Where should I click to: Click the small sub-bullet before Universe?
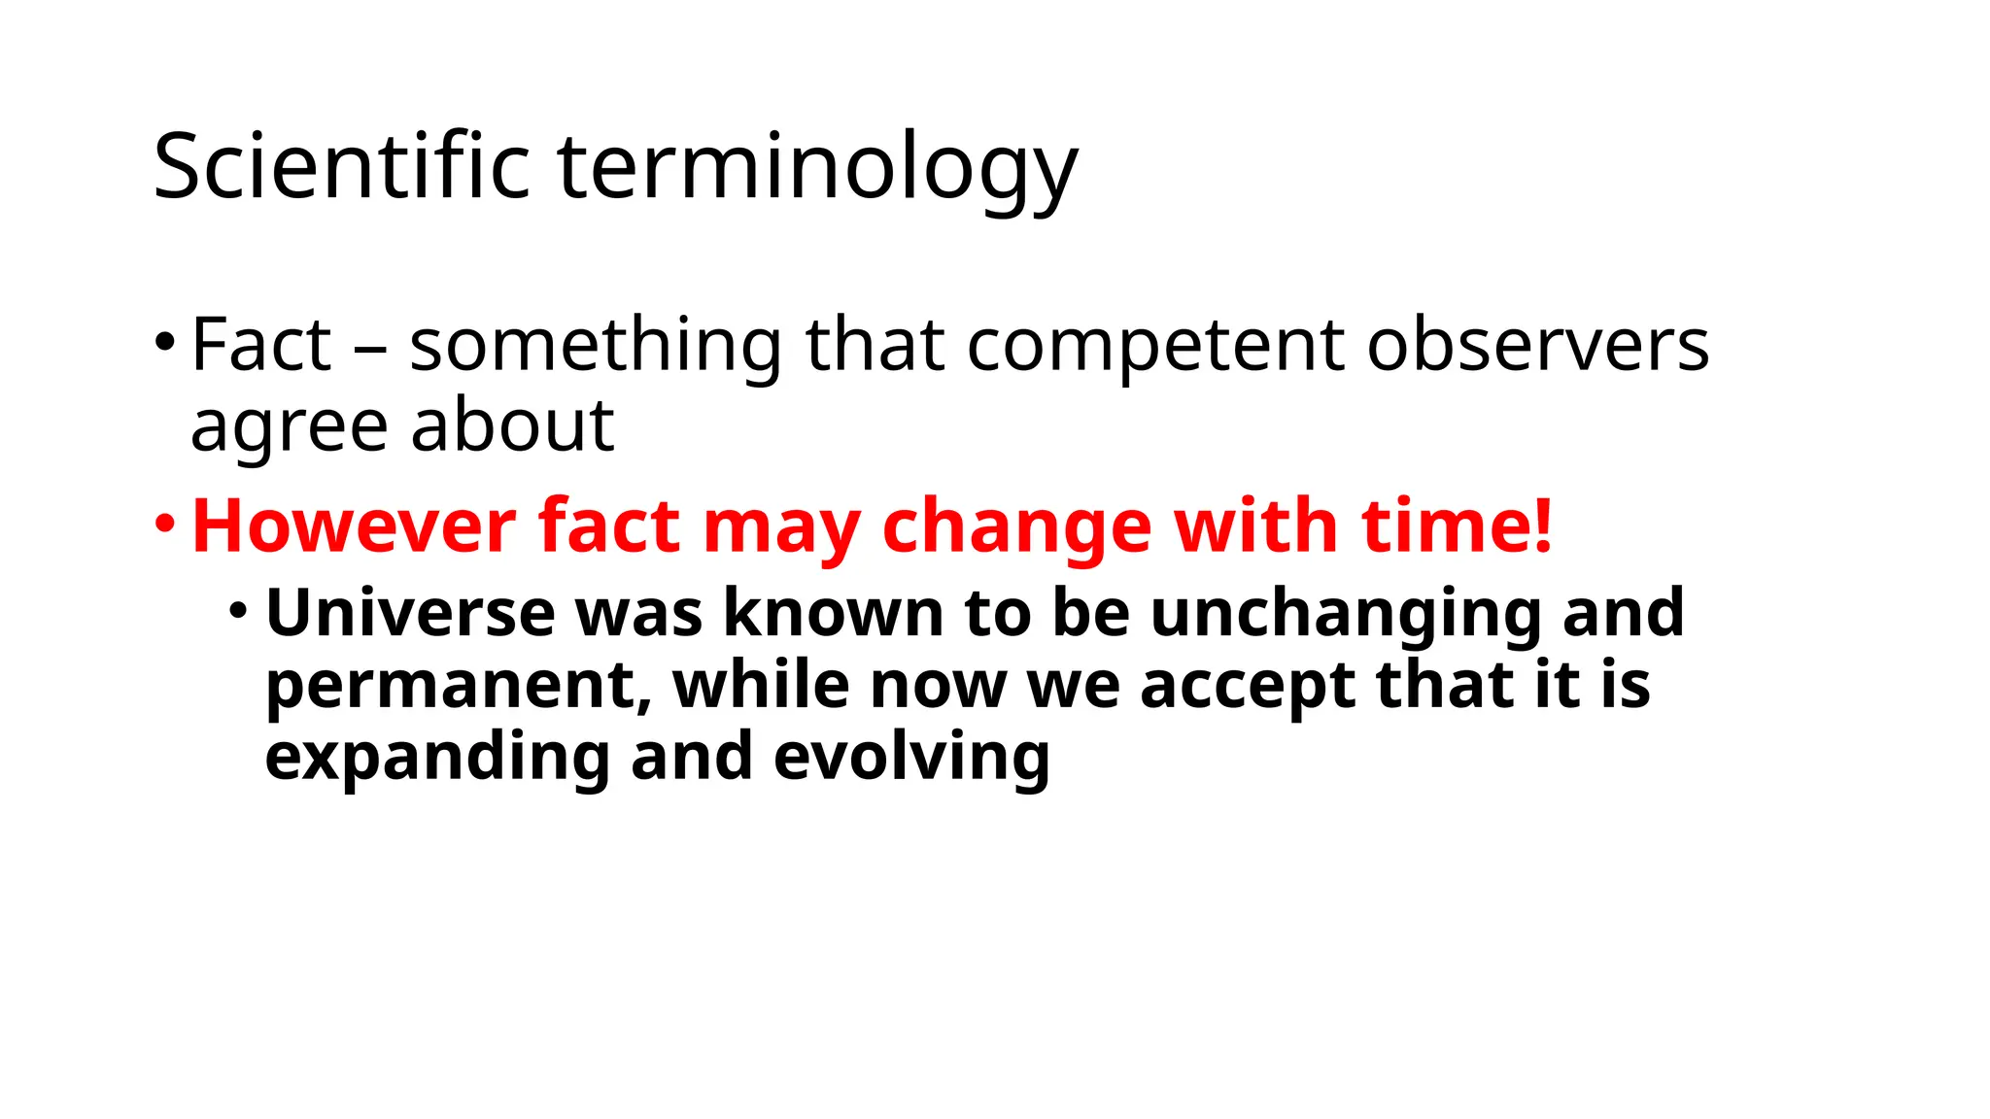238,611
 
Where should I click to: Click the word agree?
288,427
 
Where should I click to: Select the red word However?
354,526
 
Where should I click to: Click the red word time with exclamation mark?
1457,526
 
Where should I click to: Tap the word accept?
1247,686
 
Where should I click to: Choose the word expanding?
436,759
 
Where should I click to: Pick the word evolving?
911,759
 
